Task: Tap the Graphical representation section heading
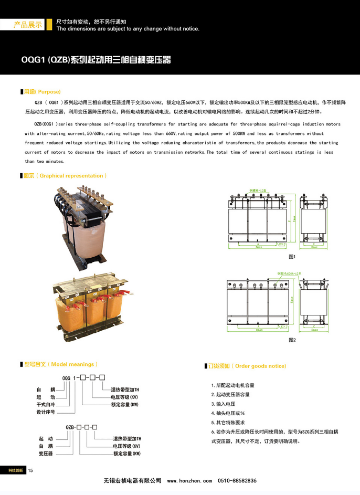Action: [65, 176]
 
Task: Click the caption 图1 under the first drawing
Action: [292, 257]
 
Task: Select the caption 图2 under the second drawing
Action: [292, 340]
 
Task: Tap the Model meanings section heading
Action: [60, 364]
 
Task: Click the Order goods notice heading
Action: [247, 366]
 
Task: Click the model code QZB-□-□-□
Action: [82, 427]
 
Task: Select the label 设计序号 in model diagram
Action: [46, 412]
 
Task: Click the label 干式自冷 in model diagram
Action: [46, 405]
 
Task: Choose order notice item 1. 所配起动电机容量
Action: [232, 385]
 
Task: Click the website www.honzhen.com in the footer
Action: [189, 481]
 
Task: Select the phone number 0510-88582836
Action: [237, 481]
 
